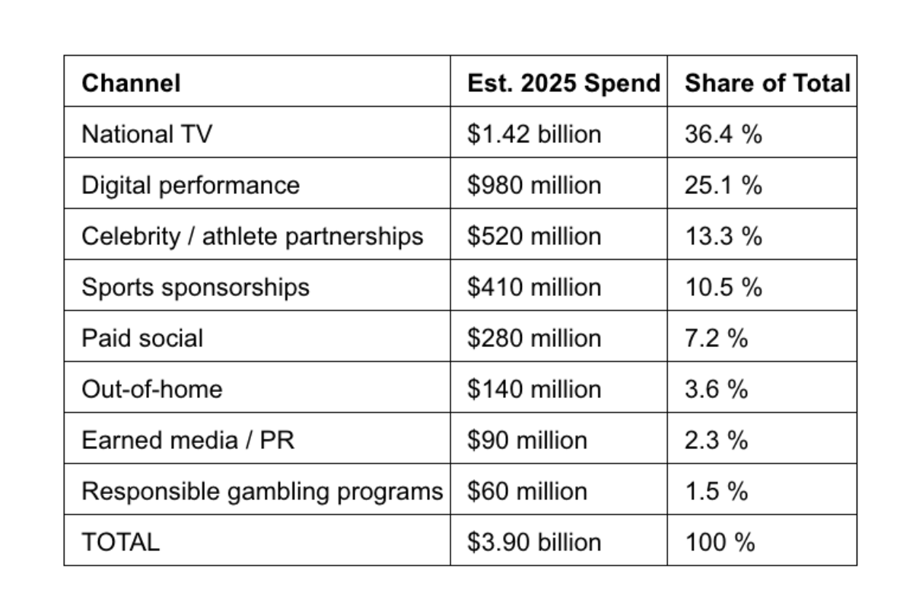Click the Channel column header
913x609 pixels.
(x=131, y=82)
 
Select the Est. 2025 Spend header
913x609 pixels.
(x=563, y=82)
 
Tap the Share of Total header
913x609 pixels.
(x=767, y=82)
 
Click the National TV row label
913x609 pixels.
(x=147, y=134)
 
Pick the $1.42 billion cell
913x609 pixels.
(x=533, y=134)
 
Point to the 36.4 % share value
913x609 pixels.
(x=724, y=134)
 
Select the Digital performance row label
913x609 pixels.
(x=190, y=185)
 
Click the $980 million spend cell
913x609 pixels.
(x=533, y=185)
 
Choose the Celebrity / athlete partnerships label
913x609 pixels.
(x=252, y=236)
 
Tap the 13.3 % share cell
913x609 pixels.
(x=724, y=236)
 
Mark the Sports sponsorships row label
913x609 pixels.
(x=196, y=287)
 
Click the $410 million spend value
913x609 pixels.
(x=533, y=287)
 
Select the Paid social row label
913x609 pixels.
(x=142, y=338)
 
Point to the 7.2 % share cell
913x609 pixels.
(x=717, y=338)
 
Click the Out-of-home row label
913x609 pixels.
(x=152, y=389)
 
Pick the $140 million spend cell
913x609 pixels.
(x=533, y=389)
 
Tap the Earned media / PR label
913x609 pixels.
(x=187, y=440)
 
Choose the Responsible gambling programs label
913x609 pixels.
(x=262, y=491)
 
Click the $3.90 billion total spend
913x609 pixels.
(x=533, y=542)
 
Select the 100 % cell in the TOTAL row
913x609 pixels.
(x=720, y=542)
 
